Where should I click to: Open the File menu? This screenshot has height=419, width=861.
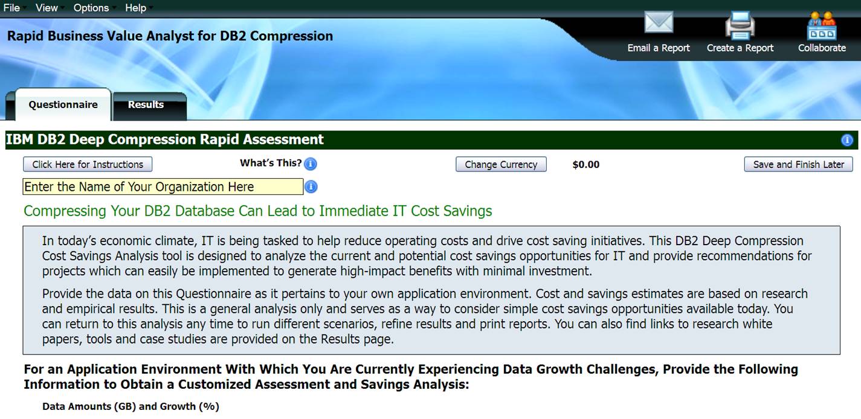11,8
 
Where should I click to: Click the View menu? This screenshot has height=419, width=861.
47,8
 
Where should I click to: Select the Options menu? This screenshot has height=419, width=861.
91,8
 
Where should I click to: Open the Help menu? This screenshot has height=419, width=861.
135,8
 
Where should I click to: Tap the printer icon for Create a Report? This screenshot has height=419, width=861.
740,25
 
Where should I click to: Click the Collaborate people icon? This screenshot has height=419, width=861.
822,25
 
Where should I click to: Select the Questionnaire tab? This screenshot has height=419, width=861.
63,105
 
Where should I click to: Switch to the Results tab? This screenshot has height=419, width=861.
146,105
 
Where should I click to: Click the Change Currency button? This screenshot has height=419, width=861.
501,164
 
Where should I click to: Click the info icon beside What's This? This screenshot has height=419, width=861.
311,164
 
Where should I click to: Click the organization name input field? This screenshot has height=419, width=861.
163,187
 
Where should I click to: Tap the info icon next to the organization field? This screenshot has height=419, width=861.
311,187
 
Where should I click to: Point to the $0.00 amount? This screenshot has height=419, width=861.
586,164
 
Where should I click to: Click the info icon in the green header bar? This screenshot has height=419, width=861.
847,140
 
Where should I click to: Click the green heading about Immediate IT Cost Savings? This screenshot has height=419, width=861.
258,211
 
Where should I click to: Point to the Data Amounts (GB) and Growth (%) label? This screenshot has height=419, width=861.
131,407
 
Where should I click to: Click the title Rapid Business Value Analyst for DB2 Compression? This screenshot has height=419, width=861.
170,36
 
